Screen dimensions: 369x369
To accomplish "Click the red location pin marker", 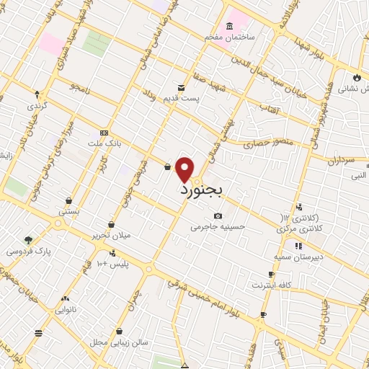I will point(185,169).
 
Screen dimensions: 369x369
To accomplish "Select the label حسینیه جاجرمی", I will point(218,226).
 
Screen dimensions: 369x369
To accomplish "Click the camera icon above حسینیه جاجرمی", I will point(218,215).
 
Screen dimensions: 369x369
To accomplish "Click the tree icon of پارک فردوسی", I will point(28,240).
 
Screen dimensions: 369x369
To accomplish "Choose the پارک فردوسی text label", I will point(25,252).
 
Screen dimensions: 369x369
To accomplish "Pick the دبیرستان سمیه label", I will point(298,256).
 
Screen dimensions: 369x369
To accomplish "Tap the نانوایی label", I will point(66,310).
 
